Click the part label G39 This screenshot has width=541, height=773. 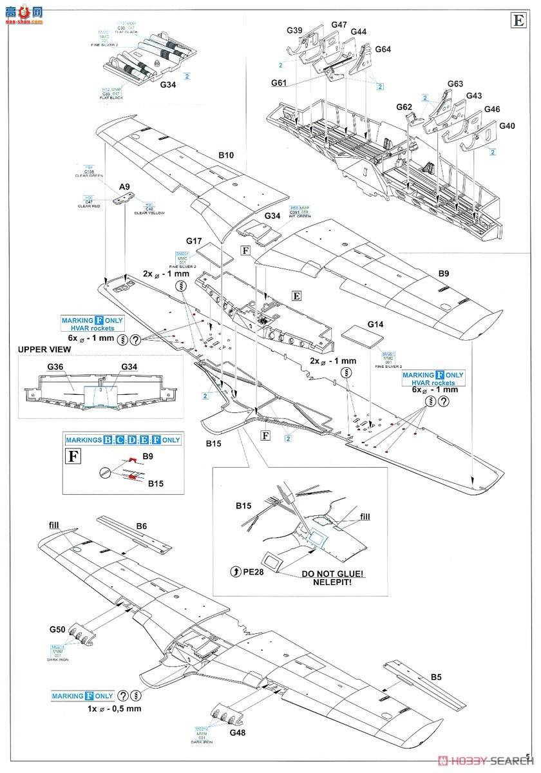tap(294, 30)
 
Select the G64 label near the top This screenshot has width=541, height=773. tap(383, 49)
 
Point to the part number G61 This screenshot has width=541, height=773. tap(280, 83)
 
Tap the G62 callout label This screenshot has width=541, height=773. tap(404, 106)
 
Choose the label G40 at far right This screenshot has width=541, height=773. tap(507, 126)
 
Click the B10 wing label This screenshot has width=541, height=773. tap(225, 155)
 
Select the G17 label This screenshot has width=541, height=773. tap(195, 238)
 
